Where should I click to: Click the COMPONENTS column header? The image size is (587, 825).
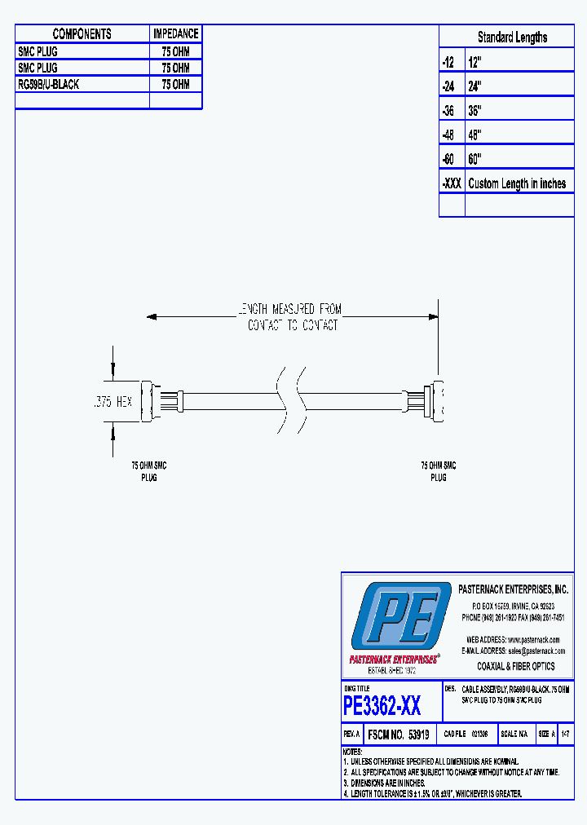[82, 34]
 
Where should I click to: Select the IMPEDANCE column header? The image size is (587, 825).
[175, 34]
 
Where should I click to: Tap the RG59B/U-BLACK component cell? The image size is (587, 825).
[49, 85]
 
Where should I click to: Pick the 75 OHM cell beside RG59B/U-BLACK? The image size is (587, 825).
[175, 85]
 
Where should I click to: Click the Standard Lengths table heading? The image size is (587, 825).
[512, 37]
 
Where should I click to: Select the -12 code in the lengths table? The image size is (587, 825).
[448, 62]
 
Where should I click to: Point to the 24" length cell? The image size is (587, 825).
[475, 86]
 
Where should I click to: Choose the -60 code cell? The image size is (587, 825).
[448, 159]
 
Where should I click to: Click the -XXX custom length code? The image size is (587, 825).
[452, 183]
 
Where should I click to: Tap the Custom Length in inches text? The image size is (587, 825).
[517, 183]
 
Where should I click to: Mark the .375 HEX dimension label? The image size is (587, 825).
[111, 401]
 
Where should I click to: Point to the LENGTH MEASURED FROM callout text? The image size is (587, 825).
[289, 310]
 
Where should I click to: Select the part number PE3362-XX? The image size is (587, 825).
[382, 705]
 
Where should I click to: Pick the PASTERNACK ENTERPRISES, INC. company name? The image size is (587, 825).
[513, 589]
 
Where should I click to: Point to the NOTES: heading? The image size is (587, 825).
[352, 752]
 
